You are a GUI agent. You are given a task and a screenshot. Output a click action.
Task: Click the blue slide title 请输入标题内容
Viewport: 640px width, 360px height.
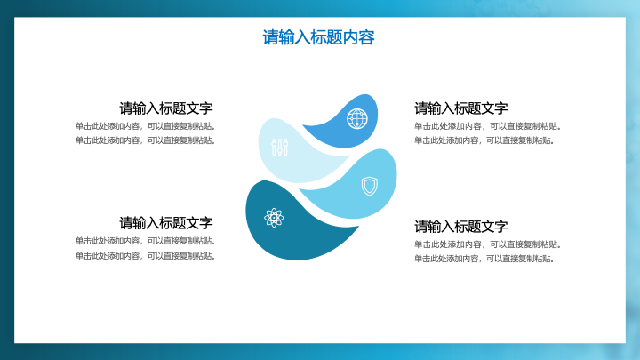click(318, 37)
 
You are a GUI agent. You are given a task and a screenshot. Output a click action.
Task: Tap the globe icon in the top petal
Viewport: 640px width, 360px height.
click(357, 119)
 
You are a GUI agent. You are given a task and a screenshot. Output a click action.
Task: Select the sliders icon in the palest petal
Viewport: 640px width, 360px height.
click(280, 147)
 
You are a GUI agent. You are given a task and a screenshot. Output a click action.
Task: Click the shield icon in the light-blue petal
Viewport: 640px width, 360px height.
click(370, 186)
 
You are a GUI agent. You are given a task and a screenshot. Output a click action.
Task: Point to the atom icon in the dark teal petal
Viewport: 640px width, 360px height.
click(274, 218)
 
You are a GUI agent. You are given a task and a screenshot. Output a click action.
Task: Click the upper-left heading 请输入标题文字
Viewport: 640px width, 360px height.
click(166, 108)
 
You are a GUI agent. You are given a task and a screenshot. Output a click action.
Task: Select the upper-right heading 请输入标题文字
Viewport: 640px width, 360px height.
click(461, 108)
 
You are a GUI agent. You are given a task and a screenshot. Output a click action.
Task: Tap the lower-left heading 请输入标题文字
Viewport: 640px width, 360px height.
click(166, 223)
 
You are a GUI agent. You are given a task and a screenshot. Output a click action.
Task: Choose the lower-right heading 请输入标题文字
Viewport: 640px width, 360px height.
click(461, 226)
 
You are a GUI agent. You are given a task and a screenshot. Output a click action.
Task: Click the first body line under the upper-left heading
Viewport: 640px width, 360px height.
click(145, 126)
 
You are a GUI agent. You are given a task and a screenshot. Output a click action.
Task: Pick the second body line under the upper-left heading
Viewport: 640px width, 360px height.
click(145, 140)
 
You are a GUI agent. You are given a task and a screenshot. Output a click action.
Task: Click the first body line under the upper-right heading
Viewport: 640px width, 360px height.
click(488, 126)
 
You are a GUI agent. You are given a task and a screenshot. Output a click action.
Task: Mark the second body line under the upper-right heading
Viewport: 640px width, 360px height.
click(484, 140)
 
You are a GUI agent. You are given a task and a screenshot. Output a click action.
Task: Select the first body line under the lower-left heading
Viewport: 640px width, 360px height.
click(145, 241)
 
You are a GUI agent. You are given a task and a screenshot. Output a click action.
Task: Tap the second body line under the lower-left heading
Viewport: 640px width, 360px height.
click(145, 256)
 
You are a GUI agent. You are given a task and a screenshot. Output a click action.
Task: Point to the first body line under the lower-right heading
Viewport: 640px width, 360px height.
click(488, 244)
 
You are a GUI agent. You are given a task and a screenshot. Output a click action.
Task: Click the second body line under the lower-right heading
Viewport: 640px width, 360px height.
click(484, 259)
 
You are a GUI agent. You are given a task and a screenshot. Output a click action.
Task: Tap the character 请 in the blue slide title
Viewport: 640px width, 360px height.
click(270, 37)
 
